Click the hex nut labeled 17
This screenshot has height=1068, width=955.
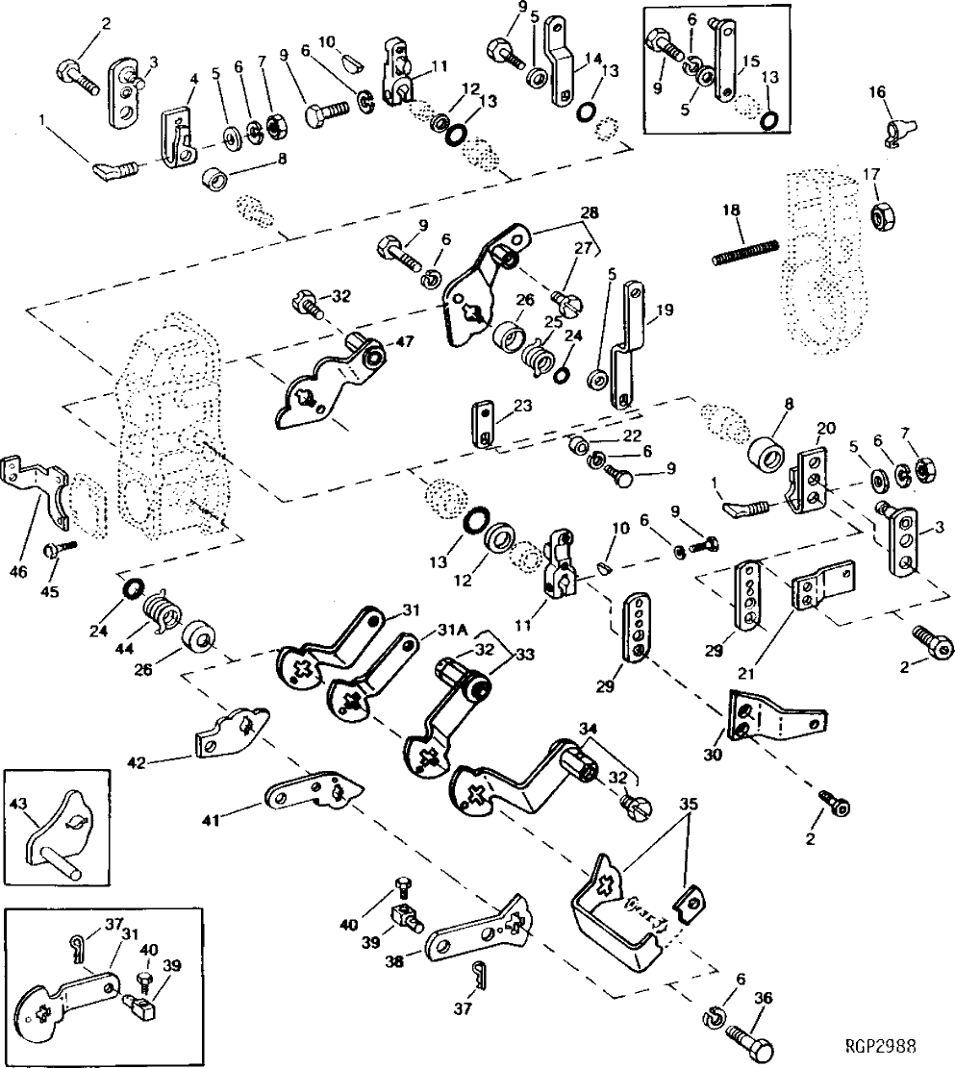coord(880,217)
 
